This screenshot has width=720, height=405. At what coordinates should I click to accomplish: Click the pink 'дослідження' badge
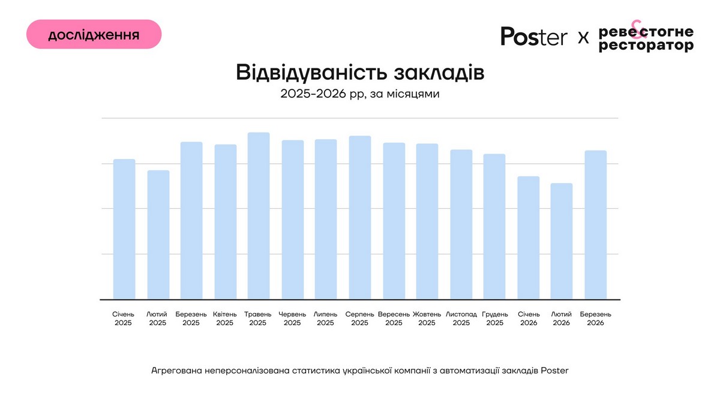click(x=94, y=34)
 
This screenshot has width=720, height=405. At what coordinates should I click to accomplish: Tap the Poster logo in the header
click(x=533, y=37)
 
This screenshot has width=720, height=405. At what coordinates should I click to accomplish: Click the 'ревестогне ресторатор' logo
click(x=646, y=38)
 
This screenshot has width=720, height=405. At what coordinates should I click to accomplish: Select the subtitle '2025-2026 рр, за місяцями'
click(x=360, y=94)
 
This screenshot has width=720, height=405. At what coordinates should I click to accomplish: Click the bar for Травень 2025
click(x=259, y=216)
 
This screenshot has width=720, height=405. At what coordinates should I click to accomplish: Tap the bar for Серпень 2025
click(x=360, y=217)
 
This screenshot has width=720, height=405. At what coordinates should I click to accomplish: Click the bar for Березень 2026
click(x=596, y=224)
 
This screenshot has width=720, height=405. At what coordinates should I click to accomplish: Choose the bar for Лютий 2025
click(x=158, y=235)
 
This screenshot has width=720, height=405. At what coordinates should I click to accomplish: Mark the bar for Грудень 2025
click(x=494, y=226)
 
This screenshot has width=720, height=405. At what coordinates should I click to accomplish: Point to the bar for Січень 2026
click(x=529, y=238)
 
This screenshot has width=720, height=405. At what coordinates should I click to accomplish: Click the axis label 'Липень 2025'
click(x=326, y=319)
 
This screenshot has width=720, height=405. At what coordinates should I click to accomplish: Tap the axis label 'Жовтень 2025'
click(x=427, y=319)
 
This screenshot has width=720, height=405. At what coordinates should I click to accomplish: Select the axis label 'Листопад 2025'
click(x=461, y=319)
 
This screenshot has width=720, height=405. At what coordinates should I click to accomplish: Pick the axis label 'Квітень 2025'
click(x=225, y=319)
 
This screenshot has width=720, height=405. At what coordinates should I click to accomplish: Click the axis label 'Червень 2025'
click(x=292, y=319)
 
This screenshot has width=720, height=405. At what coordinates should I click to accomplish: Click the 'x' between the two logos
click(x=583, y=38)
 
